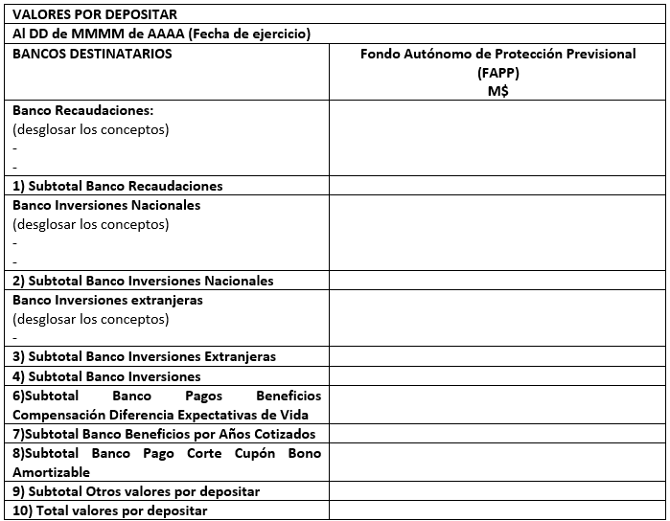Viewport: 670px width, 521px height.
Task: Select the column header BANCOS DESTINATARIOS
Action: click(x=92, y=54)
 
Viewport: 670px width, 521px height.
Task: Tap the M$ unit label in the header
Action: click(x=497, y=90)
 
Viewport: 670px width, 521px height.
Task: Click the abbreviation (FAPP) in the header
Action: click(x=497, y=72)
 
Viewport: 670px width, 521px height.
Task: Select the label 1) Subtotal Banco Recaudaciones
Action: click(x=117, y=186)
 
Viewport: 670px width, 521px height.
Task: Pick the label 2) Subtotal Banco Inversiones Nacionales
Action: click(x=143, y=281)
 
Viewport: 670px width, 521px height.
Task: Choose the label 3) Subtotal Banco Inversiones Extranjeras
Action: click(x=144, y=356)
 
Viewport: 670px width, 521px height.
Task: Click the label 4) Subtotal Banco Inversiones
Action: click(x=106, y=376)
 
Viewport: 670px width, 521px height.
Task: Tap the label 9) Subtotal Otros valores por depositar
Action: click(x=136, y=491)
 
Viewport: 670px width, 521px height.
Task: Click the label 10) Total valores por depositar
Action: click(x=109, y=510)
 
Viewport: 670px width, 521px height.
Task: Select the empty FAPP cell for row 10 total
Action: click(x=497, y=510)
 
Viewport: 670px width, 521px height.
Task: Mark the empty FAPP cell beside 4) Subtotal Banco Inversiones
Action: click(x=497, y=376)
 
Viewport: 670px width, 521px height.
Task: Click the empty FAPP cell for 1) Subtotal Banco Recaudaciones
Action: click(x=497, y=186)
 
